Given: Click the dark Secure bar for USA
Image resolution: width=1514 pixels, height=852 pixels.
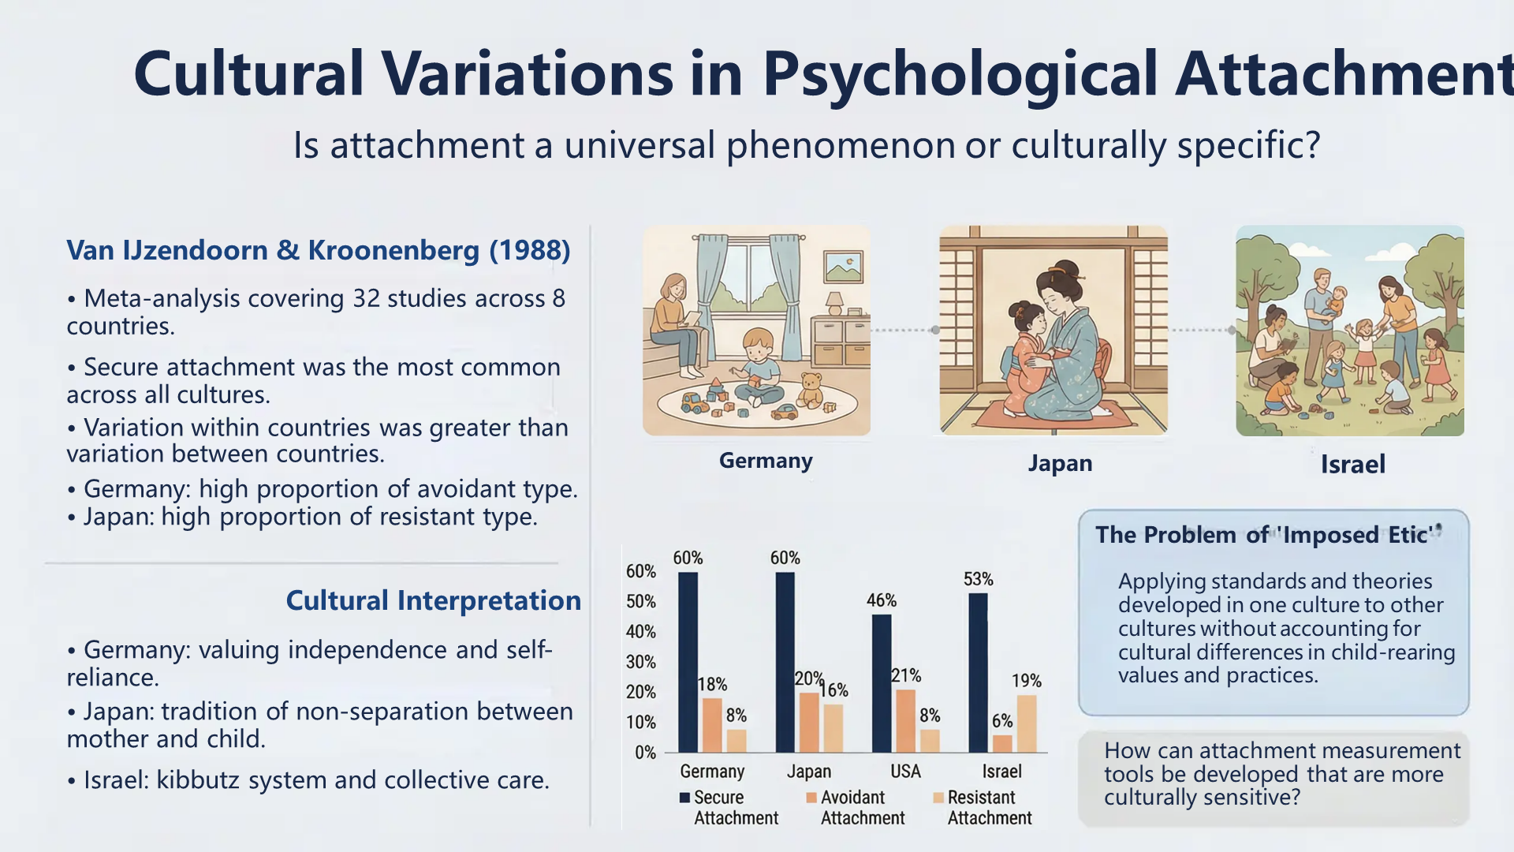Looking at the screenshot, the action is click(882, 683).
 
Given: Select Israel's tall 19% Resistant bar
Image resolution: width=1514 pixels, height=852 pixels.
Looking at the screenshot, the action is click(1027, 723).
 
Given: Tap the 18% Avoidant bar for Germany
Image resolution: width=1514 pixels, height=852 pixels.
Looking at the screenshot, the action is click(712, 725).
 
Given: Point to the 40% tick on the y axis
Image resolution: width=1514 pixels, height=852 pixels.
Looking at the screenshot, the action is click(641, 631).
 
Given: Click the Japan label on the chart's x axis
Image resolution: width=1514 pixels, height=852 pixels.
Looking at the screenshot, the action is click(809, 771).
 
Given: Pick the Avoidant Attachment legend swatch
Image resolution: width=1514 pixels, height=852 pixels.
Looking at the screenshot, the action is click(811, 798).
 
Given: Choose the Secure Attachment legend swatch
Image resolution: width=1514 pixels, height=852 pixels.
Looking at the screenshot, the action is click(685, 798).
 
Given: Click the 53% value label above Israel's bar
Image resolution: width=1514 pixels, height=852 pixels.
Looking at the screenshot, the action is click(978, 579).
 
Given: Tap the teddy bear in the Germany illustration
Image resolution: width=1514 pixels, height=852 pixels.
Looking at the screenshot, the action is click(810, 389).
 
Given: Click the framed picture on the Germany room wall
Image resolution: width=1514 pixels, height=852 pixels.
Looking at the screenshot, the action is click(843, 267).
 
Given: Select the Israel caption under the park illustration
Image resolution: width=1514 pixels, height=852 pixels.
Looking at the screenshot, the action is click(1353, 464).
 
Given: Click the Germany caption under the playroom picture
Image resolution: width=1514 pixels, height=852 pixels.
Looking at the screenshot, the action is click(766, 461).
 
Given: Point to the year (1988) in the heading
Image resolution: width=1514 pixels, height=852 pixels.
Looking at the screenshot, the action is click(530, 250).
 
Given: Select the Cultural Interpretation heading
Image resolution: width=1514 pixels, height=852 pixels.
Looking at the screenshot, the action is click(434, 600).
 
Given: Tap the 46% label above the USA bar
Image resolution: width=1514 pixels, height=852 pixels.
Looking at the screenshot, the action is click(882, 600).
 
